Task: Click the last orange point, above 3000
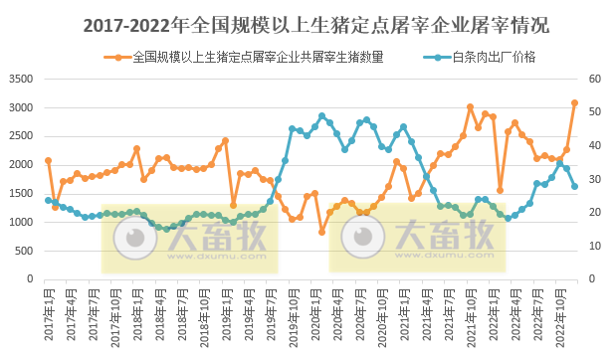click(x=574, y=102)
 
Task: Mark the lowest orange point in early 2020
click(x=322, y=232)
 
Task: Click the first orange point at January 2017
click(x=48, y=160)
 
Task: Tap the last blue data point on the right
click(x=574, y=186)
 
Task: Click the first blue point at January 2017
click(x=48, y=200)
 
